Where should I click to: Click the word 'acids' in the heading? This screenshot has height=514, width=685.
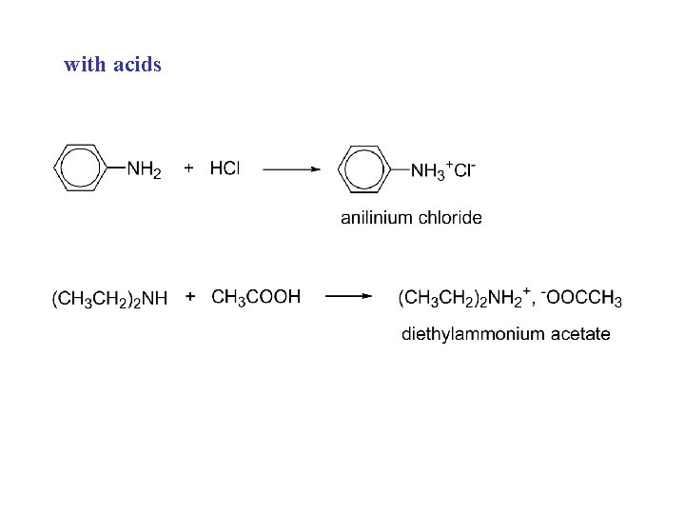tap(138, 65)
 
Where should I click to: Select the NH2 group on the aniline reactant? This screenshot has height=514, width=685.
tap(144, 170)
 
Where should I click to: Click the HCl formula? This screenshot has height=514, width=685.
tap(225, 168)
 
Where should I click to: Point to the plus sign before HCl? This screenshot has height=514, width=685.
tap(188, 168)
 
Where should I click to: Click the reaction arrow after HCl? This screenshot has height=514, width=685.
tap(291, 169)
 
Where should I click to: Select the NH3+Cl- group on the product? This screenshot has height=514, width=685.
tap(442, 170)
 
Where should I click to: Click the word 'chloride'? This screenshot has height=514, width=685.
tap(449, 217)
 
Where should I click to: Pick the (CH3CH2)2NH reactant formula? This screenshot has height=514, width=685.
tap(109, 299)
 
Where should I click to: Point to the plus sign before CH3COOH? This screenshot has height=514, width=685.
tap(191, 297)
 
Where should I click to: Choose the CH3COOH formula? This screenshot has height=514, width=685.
tap(256, 298)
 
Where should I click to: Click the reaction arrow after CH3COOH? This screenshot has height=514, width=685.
tap(348, 297)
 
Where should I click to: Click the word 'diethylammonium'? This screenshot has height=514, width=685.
tap(470, 334)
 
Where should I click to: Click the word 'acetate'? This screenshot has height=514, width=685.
tap(578, 334)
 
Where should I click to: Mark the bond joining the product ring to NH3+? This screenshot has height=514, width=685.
tap(400, 170)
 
